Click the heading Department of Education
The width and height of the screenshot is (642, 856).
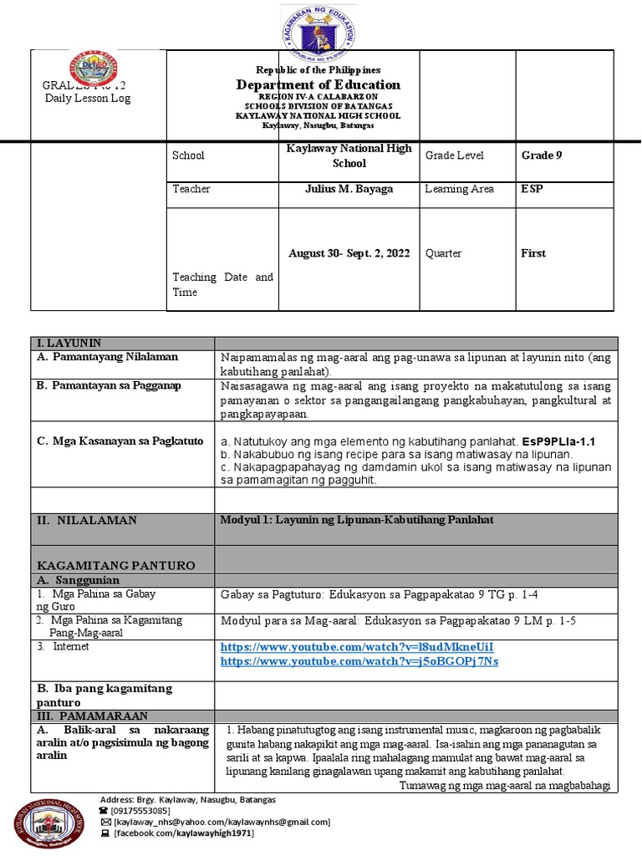318,84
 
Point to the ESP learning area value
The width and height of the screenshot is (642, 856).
532,189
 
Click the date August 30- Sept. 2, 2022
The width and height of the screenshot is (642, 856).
349,253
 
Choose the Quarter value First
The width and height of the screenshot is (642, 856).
533,253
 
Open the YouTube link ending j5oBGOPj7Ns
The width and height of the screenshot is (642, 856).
359,661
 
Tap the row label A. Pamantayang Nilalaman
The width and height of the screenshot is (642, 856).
107,357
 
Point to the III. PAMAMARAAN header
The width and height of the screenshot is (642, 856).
91,716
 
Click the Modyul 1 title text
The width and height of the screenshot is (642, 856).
356,520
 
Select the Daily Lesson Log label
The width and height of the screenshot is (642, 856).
87,99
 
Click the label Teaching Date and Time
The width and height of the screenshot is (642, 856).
222,284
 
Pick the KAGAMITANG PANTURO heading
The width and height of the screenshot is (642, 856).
115,566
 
